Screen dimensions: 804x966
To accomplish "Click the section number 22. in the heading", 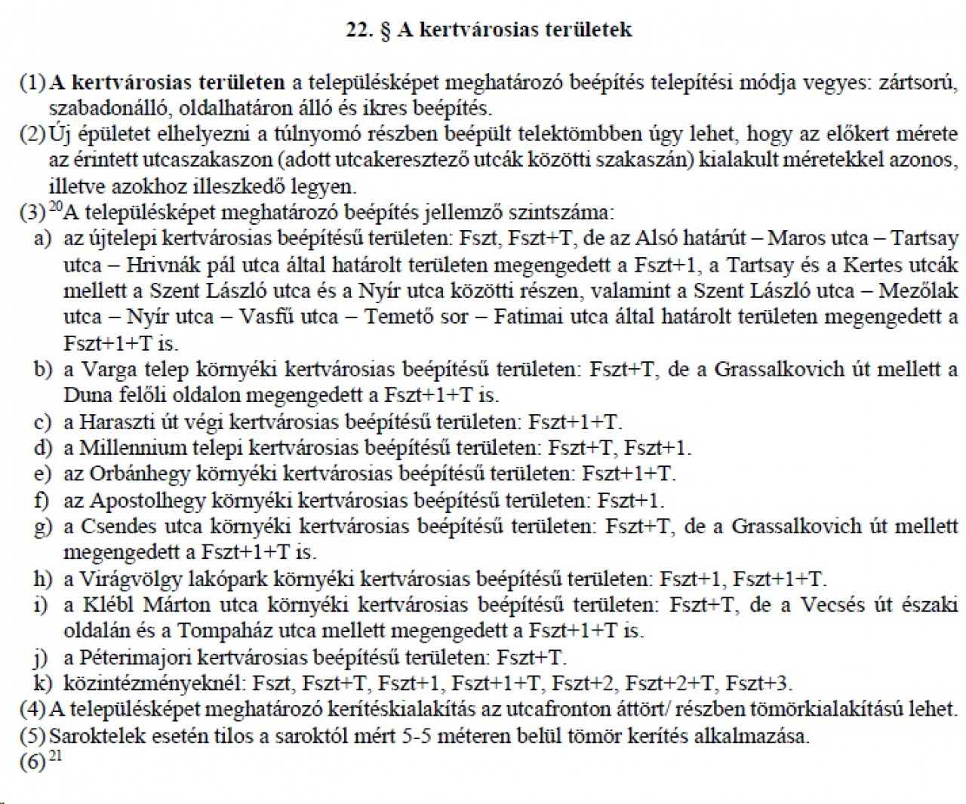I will pyautogui.click(x=361, y=29).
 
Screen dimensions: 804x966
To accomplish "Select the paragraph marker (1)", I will pyautogui.click(x=32, y=82).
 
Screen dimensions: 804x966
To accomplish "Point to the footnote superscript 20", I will pyautogui.click(x=55, y=207).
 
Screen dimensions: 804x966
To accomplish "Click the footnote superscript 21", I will pyautogui.click(x=55, y=755).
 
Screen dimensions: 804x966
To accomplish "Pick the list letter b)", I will pyautogui.click(x=43, y=369).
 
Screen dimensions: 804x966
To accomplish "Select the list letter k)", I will pyautogui.click(x=43, y=683).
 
